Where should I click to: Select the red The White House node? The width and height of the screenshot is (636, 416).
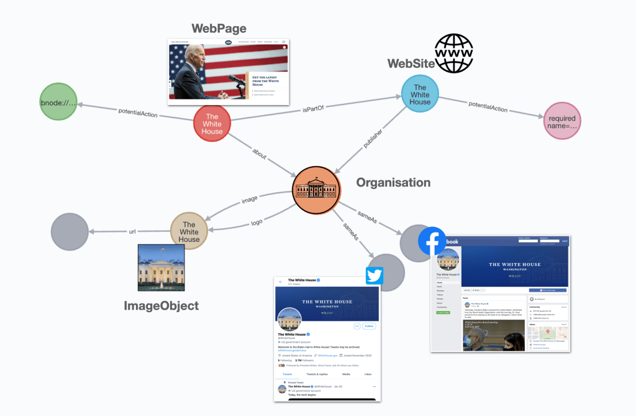[212, 124]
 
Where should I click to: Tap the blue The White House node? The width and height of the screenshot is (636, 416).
[420, 94]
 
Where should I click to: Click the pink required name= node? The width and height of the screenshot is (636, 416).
[561, 121]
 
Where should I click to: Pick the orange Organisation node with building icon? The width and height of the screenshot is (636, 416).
[317, 189]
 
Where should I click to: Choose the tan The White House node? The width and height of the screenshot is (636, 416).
[189, 231]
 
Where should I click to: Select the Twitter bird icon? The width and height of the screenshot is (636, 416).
[375, 275]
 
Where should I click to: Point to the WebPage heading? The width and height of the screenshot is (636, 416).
[219, 29]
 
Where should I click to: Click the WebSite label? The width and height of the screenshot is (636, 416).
[411, 64]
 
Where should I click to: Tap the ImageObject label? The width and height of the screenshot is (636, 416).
[161, 305]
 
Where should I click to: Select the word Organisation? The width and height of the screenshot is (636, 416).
[393, 183]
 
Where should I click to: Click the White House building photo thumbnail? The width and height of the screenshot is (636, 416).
[161, 267]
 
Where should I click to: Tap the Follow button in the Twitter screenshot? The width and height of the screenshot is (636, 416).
[369, 326]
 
